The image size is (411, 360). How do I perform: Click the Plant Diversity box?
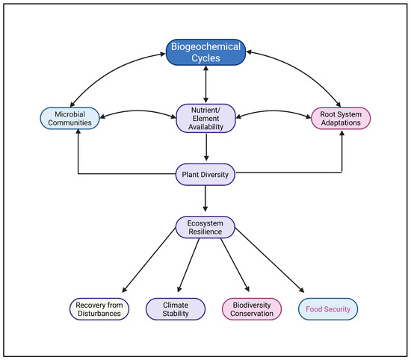(205, 175)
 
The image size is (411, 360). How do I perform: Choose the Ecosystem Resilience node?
(205, 226)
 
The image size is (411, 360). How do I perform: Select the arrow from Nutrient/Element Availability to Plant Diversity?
(205, 147)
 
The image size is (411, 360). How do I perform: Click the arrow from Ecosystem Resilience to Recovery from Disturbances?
(149, 264)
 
